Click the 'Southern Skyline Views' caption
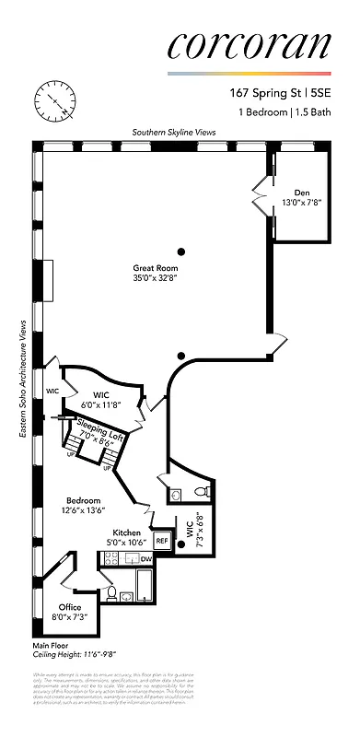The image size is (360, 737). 174,133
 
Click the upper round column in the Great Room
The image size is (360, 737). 182,252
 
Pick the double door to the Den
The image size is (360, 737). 261,196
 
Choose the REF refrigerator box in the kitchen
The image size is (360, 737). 162,542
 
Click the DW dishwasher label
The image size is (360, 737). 146,559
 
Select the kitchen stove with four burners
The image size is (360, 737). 116,559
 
